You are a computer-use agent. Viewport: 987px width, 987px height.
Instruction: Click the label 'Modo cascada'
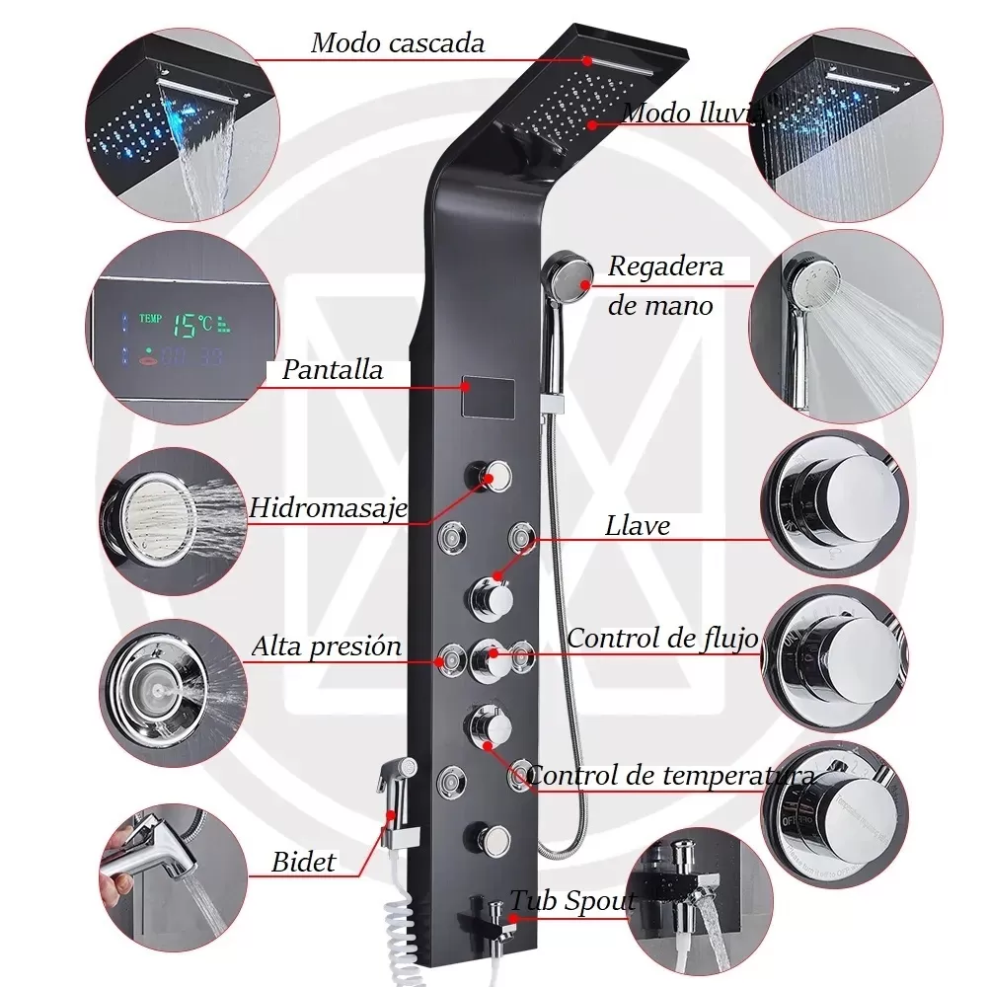398,43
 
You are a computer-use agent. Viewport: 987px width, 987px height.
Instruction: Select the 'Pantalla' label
333,371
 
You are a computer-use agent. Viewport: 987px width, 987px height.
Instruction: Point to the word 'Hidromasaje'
329,507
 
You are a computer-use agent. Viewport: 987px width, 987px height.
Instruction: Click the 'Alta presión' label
327,647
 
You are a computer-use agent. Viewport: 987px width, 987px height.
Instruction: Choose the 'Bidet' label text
304,862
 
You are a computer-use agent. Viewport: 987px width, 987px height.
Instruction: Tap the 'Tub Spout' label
572,900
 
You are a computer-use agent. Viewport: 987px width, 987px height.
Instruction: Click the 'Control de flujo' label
662,638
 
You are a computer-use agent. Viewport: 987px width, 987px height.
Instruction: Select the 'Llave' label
638,526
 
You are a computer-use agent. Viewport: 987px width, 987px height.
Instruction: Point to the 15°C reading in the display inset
190,322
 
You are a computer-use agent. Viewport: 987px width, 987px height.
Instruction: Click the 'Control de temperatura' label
671,776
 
